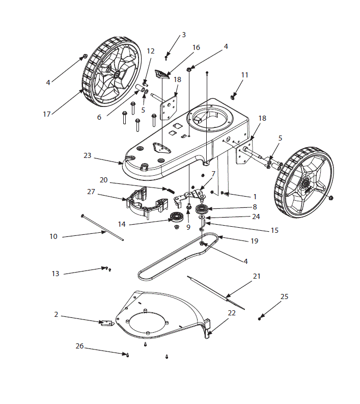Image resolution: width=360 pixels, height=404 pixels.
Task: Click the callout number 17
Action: coord(47,114)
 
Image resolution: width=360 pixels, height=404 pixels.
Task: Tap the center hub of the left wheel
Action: coord(117,74)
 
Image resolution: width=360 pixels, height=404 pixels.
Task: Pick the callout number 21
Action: coord(257,276)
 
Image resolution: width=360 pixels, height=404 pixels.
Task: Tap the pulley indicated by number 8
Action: coord(203,209)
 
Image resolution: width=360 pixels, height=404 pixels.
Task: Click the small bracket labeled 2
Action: coord(106,322)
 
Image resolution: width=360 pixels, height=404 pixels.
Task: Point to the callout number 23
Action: coord(87,155)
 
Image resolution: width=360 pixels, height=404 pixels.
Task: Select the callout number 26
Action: coord(79,346)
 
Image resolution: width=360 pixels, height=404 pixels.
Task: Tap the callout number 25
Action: coord(284,297)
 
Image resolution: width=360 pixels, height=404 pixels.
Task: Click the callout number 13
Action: coord(56,274)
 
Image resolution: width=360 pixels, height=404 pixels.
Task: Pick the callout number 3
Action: coord(184,35)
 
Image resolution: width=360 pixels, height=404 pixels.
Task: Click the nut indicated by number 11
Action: coord(233,95)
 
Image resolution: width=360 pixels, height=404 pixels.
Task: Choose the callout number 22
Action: coord(232,313)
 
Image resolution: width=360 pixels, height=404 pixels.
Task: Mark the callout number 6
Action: coord(99,117)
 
